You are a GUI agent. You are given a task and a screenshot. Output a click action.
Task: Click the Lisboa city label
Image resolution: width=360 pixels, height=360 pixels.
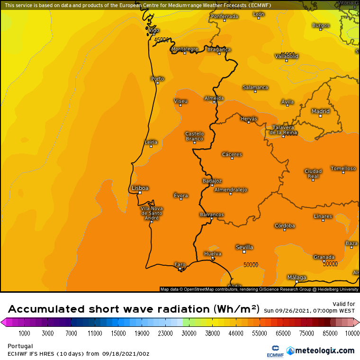pos(140,188)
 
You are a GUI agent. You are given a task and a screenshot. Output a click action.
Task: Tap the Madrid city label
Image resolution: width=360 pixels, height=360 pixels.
pos(320,111)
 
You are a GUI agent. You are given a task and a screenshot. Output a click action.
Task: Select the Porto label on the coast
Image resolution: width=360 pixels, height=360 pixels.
pos(157,79)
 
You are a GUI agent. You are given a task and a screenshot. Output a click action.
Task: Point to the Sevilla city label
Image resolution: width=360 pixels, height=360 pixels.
pos(244,247)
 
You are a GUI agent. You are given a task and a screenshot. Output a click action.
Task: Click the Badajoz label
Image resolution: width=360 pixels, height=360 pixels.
pos(212,181)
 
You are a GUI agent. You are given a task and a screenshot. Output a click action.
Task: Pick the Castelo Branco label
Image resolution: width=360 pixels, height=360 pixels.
pos(194,136)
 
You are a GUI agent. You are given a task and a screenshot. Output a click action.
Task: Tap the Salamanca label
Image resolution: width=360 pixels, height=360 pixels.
pos(255,88)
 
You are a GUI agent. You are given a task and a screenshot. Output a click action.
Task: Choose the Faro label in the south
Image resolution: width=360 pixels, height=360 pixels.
pos(180,264)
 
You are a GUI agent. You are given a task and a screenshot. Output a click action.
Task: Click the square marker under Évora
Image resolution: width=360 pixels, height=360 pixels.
pos(180,199)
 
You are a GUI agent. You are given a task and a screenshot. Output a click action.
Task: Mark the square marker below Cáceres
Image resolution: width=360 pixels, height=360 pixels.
pos(232,158)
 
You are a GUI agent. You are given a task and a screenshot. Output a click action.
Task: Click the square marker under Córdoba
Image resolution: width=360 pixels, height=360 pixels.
pos(285,229)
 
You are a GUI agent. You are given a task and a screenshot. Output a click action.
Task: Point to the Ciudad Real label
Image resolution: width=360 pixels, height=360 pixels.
pos(313,173)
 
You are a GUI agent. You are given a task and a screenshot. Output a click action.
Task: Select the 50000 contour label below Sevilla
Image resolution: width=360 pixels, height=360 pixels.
pos(252,265)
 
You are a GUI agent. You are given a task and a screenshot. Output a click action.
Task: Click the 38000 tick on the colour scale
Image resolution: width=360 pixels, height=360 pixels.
pos(213,333)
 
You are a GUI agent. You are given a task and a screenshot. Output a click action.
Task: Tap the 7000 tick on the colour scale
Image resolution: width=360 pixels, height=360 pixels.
pos(71,333)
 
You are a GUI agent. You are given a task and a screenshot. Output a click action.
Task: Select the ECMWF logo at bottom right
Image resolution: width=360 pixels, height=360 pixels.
pos(272,351)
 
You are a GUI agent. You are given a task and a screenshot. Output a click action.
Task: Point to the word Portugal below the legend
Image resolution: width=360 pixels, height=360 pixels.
pos(20,346)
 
